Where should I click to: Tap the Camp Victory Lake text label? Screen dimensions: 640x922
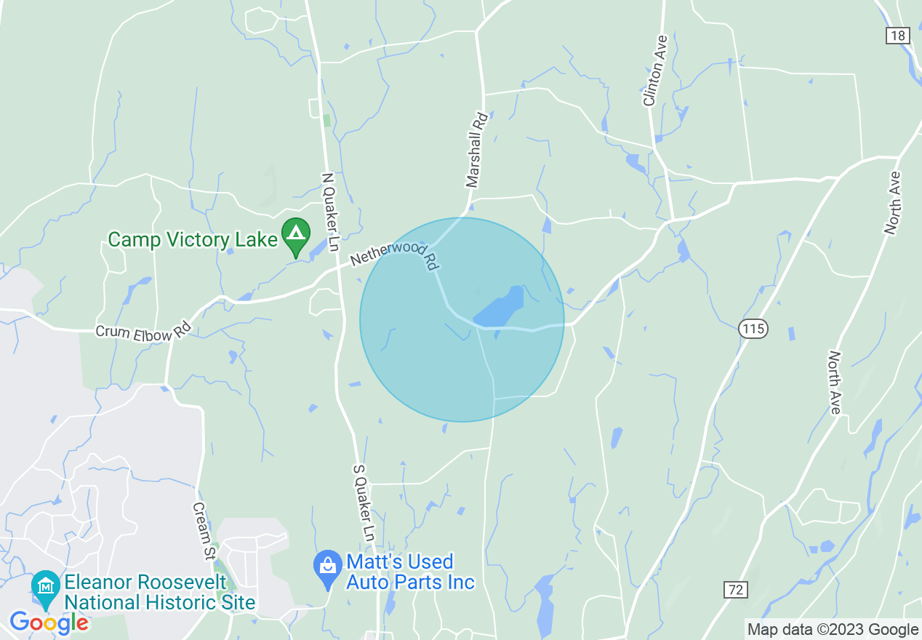click(x=193, y=239)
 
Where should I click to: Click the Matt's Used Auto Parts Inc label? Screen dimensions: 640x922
click(x=410, y=572)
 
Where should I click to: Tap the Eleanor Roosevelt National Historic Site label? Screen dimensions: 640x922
click(x=160, y=593)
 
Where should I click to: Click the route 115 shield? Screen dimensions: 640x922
click(x=753, y=329)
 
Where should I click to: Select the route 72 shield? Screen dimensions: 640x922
click(x=736, y=590)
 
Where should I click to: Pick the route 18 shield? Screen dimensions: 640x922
click(x=898, y=36)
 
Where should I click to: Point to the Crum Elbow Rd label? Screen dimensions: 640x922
click(x=143, y=333)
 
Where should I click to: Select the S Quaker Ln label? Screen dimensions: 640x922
click(x=363, y=502)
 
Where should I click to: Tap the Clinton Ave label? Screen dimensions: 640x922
click(x=654, y=71)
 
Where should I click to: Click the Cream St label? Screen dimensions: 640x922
click(x=204, y=531)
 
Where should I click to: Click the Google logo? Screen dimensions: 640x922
click(x=49, y=623)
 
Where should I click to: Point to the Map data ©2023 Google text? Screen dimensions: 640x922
click(x=833, y=630)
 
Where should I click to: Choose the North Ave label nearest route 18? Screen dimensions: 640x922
click(x=893, y=202)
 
